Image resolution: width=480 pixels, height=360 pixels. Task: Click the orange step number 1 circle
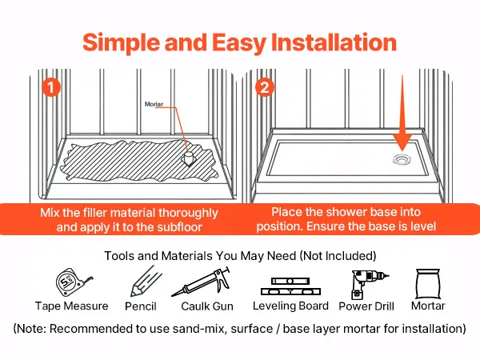[51, 87]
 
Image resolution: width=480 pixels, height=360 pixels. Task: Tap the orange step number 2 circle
[265, 87]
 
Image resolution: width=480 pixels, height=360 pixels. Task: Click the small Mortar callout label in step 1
[154, 104]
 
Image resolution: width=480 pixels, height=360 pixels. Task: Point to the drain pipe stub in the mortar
[189, 158]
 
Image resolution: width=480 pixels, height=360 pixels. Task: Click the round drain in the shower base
[402, 159]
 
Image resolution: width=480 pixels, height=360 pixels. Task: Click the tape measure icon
[73, 283]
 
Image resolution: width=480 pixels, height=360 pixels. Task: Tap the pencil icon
[146, 282]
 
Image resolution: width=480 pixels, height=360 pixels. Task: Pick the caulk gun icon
[201, 282]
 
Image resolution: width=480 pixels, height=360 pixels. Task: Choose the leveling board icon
[290, 286]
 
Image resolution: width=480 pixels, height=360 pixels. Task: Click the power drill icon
[367, 284]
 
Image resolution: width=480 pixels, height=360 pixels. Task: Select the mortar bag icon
[428, 284]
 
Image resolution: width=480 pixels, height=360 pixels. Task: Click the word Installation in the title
[334, 42]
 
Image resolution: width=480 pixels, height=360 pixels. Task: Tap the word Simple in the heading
[121, 43]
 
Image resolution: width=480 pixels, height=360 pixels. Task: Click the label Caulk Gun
[207, 306]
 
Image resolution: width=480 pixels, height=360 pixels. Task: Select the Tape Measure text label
[72, 306]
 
